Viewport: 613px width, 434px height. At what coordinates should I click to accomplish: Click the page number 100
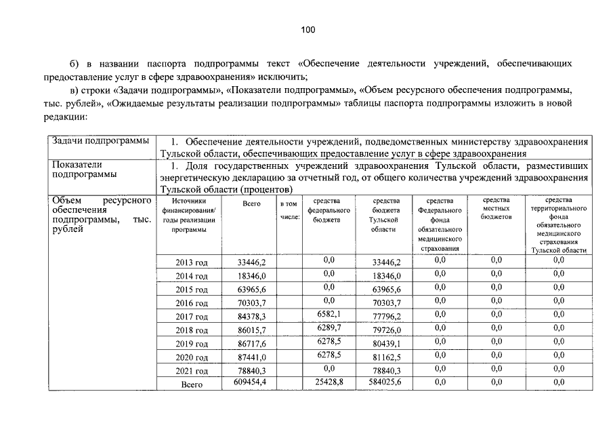click(308, 29)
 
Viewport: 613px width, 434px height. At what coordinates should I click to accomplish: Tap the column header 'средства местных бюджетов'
click(496, 208)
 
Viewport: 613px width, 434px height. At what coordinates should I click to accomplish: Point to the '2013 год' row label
click(192, 262)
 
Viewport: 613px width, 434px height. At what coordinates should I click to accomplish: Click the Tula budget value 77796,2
click(387, 317)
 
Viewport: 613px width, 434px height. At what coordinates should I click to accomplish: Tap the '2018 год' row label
click(192, 330)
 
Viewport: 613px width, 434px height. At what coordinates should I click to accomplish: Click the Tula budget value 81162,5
click(387, 357)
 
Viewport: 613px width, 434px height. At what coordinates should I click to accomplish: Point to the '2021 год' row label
click(192, 371)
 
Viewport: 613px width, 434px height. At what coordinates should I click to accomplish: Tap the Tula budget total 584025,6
click(387, 383)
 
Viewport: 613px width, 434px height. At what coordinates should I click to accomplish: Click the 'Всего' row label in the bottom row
click(192, 384)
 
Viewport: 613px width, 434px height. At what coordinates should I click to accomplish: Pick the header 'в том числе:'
click(289, 210)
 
